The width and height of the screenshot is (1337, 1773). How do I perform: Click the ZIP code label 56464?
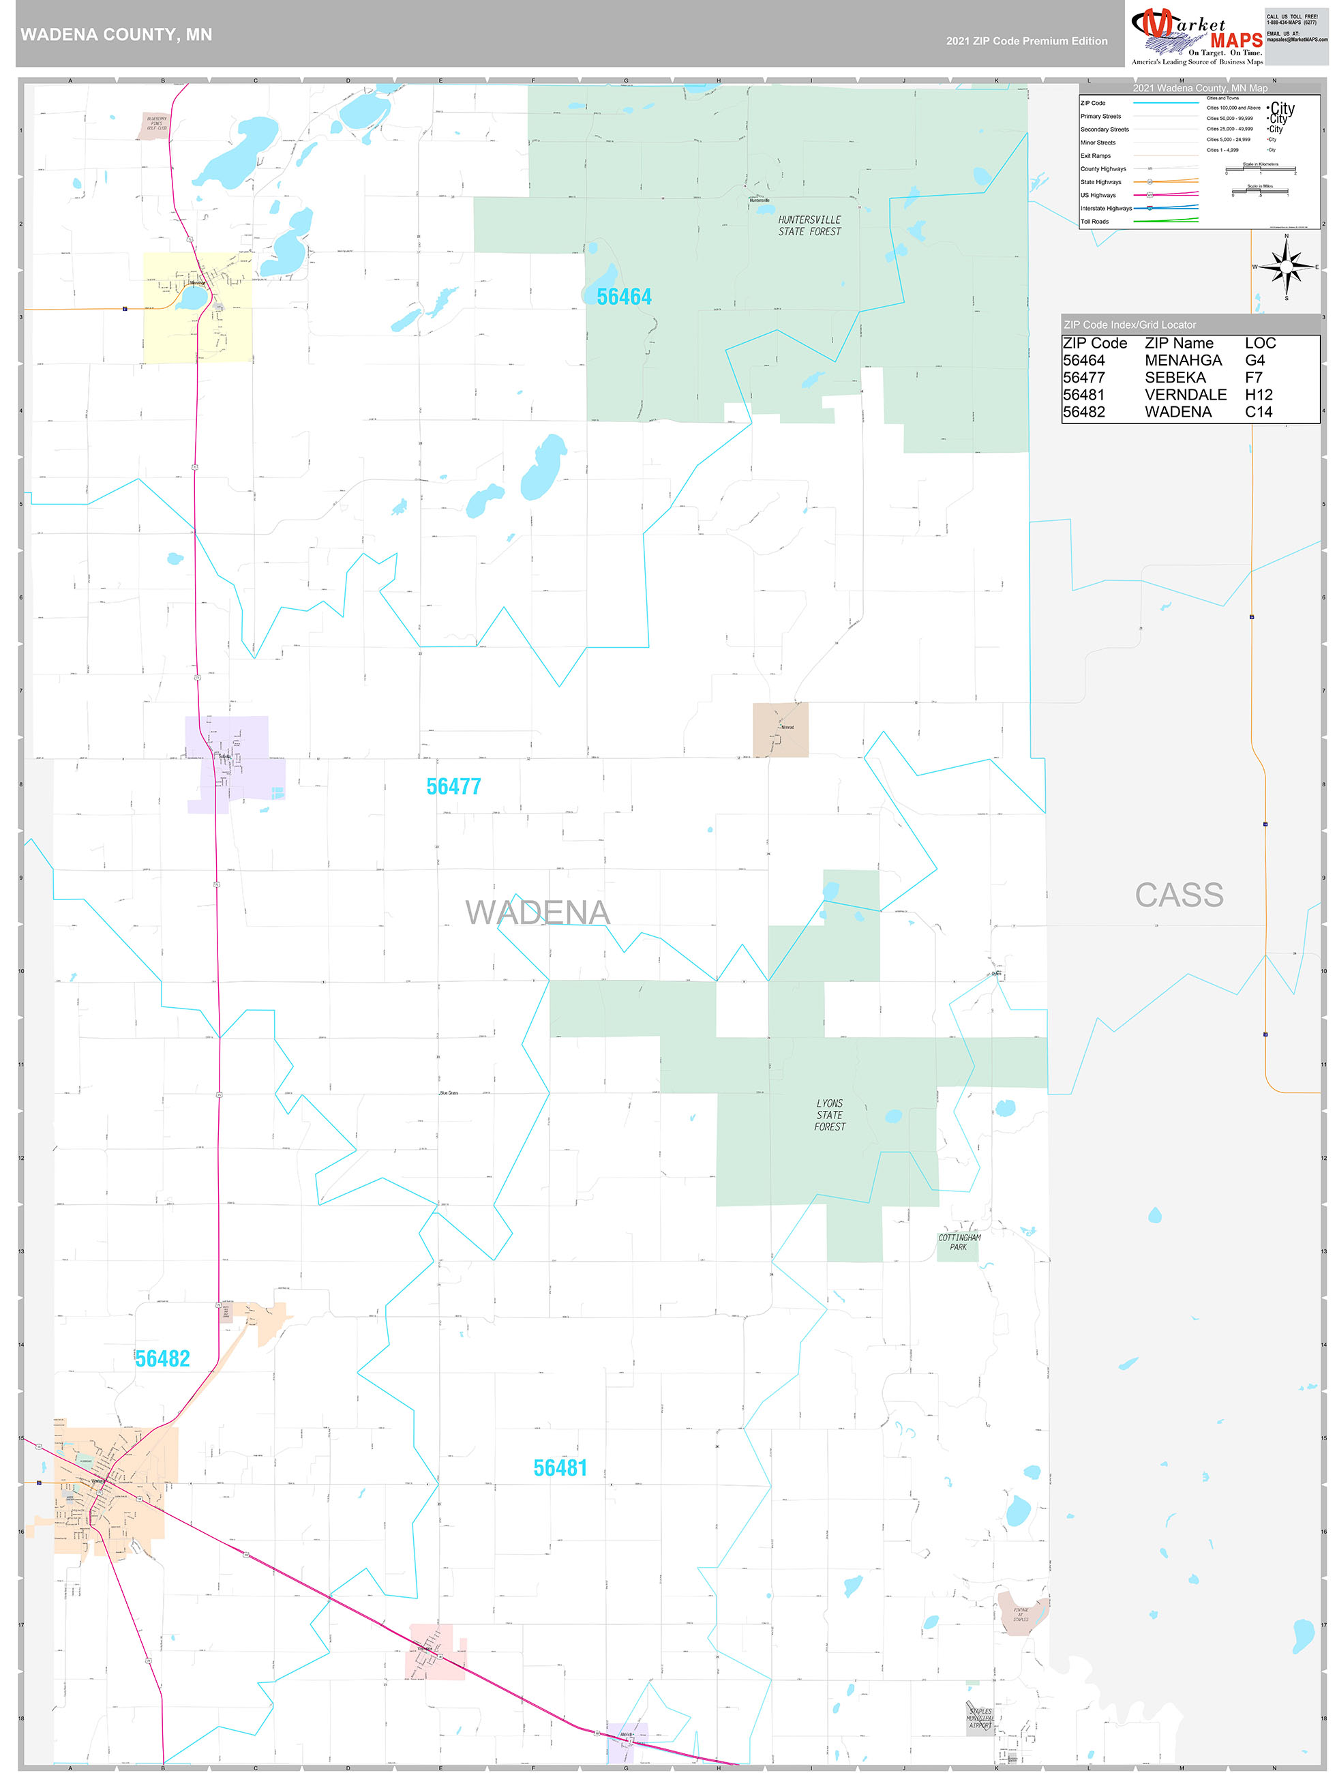(x=624, y=297)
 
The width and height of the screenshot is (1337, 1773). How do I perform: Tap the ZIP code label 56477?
(x=453, y=787)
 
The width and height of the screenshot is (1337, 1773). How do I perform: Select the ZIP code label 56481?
(x=560, y=1468)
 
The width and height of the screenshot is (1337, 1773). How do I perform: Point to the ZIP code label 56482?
(x=163, y=1358)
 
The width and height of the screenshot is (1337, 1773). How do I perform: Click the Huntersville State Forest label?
(x=809, y=226)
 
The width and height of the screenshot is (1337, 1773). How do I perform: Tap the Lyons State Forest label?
(x=830, y=1115)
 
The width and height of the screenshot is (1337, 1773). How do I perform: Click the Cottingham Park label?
(x=959, y=1242)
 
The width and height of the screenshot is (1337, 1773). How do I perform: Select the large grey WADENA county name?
(x=537, y=913)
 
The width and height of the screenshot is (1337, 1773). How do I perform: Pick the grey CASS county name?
(x=1178, y=895)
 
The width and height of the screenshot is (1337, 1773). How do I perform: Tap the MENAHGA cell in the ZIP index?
(x=1182, y=361)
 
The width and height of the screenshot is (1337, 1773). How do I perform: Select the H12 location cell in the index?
(x=1259, y=395)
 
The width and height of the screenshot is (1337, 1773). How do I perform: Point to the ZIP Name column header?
(x=1178, y=343)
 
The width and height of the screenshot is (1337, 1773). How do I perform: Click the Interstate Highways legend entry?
(x=1106, y=209)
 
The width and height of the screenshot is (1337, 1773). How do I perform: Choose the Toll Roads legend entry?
(x=1095, y=221)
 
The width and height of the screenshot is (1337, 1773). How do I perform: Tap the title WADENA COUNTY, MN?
(x=116, y=35)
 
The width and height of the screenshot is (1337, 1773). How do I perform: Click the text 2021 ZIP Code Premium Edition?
(x=1026, y=41)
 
